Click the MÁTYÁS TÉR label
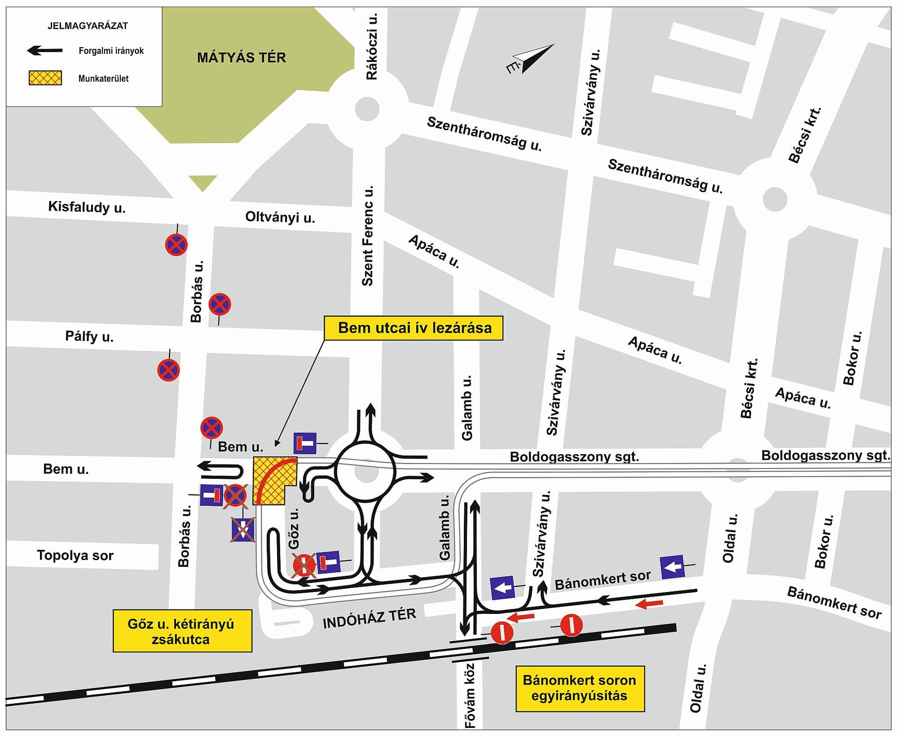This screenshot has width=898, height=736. [x=242, y=58]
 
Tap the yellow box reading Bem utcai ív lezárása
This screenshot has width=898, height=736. [x=414, y=328]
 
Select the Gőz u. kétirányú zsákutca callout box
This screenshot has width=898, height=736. [x=182, y=631]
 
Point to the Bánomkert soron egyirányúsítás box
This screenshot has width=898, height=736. [x=580, y=688]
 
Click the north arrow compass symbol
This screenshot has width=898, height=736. [x=530, y=58]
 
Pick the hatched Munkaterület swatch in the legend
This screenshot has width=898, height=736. [x=45, y=78]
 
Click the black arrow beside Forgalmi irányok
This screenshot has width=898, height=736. [x=45, y=51]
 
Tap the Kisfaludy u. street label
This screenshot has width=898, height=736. [x=87, y=207]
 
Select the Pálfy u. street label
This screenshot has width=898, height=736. [x=89, y=336]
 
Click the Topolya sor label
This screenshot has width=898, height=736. [x=75, y=555]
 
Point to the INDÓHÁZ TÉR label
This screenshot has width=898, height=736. [x=370, y=618]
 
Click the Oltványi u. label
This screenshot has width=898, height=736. [x=280, y=217]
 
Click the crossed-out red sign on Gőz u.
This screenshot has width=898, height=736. [x=304, y=565]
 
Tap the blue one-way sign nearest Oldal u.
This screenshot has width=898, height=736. [x=672, y=567]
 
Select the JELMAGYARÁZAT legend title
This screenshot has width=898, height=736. [x=88, y=26]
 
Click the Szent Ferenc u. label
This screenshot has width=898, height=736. [x=368, y=236]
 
